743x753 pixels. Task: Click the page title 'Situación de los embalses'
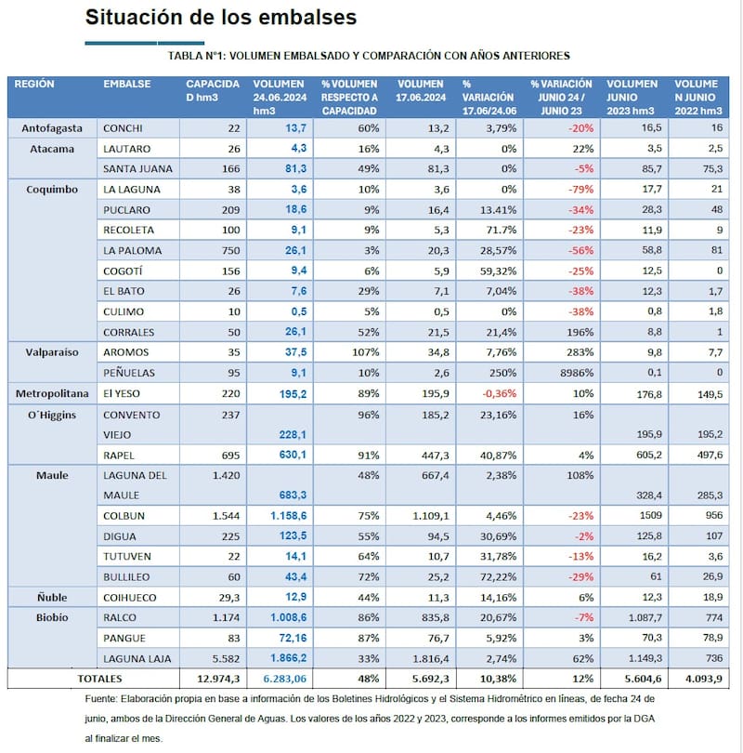[x=220, y=18]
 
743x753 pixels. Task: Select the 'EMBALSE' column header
[x=126, y=84]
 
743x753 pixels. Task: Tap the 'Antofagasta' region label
[x=52, y=128]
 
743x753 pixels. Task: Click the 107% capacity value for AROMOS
[x=365, y=352]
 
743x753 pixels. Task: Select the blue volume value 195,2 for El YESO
[x=289, y=393]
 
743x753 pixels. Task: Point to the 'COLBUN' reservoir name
[x=124, y=515]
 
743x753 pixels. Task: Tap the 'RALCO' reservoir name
[x=120, y=617]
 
